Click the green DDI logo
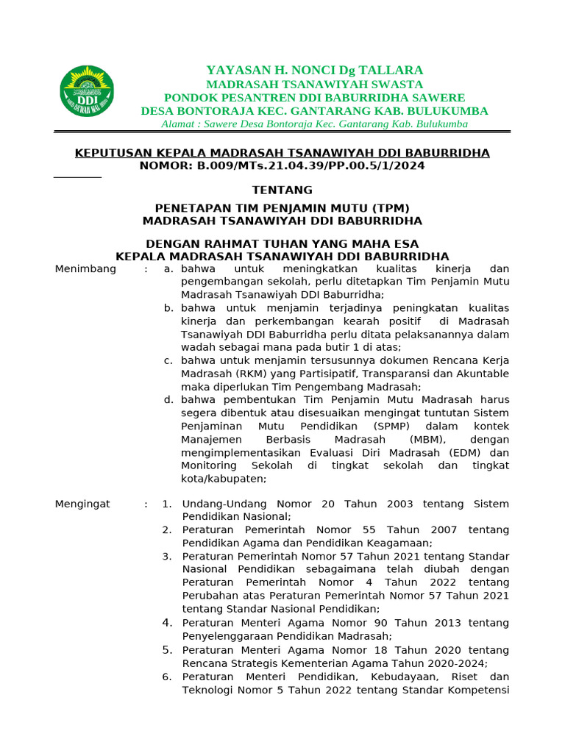(x=87, y=91)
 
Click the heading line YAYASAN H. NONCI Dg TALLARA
(x=314, y=71)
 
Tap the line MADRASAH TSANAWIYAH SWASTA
(x=314, y=85)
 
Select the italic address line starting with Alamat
(x=314, y=124)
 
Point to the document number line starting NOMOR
(x=282, y=166)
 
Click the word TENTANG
(x=282, y=190)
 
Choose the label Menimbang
(x=85, y=269)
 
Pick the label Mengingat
(x=82, y=504)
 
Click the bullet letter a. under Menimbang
(x=168, y=269)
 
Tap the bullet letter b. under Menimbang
(x=168, y=309)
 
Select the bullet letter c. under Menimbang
(x=168, y=361)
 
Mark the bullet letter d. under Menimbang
(x=168, y=400)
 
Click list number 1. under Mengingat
(x=167, y=504)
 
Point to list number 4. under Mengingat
(x=167, y=623)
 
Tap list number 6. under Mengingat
(x=167, y=677)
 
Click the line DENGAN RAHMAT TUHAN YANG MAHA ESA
(x=282, y=244)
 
